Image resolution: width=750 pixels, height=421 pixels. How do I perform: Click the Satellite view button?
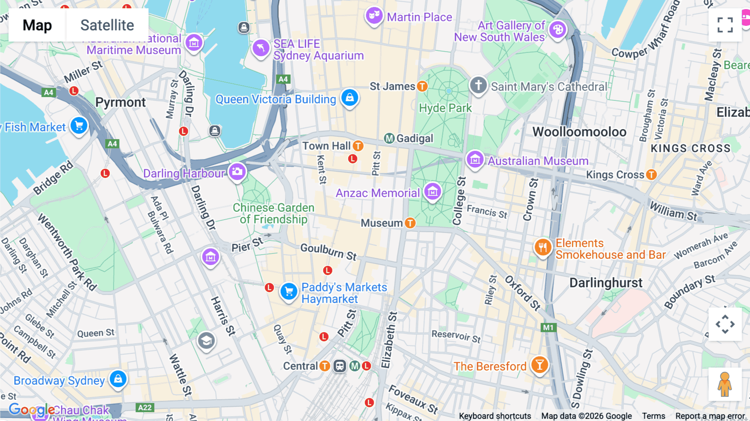[107, 25]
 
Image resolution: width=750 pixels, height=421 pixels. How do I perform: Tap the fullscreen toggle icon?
[725, 25]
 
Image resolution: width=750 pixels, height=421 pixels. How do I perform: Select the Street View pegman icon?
[725, 384]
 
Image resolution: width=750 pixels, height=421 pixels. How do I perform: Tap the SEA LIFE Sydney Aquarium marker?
[261, 48]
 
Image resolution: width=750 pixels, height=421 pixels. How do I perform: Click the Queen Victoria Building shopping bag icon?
[350, 98]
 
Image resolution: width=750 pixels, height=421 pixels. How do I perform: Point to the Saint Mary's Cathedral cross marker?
[478, 85]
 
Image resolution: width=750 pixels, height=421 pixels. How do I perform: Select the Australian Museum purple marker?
[475, 159]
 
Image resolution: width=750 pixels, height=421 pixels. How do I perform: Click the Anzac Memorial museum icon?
[432, 192]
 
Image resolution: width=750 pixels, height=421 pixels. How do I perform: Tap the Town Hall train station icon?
[358, 146]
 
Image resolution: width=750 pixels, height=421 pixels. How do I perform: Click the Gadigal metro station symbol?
[389, 138]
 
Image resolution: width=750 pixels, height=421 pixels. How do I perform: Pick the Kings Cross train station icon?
[651, 175]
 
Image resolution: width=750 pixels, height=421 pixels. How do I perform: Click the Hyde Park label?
[445, 108]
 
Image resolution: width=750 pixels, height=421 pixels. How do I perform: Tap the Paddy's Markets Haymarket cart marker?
[289, 292]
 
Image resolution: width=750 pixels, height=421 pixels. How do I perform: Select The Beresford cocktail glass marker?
[540, 365]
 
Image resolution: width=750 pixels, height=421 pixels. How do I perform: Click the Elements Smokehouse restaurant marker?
[542, 248]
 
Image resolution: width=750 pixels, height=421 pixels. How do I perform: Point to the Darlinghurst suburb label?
[606, 283]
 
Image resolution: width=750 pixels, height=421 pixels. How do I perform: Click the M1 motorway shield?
[548, 328]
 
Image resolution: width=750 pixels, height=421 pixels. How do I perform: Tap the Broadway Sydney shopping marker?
[118, 379]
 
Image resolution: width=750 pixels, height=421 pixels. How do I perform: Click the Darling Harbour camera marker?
[237, 171]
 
